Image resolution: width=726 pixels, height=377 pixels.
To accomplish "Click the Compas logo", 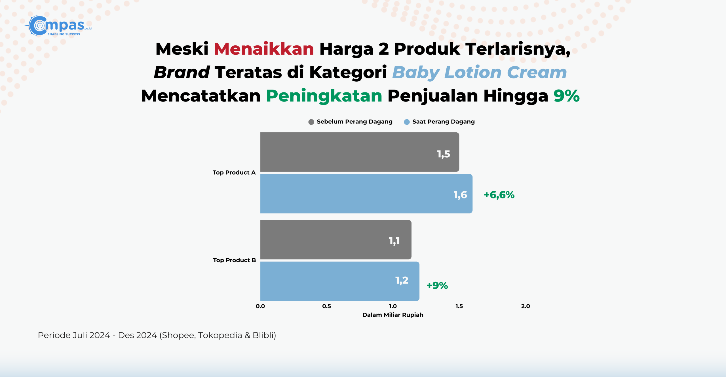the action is pyautogui.click(x=58, y=26).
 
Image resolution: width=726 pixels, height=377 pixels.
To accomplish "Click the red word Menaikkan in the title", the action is pyautogui.click(x=264, y=49).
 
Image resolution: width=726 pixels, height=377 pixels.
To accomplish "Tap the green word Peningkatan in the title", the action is pyautogui.click(x=324, y=96).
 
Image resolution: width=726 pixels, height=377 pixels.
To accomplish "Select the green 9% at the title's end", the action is pyautogui.click(x=567, y=96).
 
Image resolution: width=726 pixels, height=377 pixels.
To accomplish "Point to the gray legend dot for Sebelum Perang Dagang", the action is pyautogui.click(x=311, y=122).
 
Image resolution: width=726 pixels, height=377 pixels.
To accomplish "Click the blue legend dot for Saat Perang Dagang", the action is pyautogui.click(x=407, y=122).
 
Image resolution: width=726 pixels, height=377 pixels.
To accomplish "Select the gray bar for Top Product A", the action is pyautogui.click(x=360, y=152).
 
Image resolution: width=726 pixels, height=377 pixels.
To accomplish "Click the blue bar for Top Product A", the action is pyautogui.click(x=366, y=194).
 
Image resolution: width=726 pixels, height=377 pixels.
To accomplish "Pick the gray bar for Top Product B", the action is pyautogui.click(x=336, y=240).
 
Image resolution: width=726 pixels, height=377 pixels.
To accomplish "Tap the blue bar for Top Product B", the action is pyautogui.click(x=340, y=281).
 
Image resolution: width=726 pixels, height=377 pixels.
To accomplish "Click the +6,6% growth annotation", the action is pyautogui.click(x=499, y=195).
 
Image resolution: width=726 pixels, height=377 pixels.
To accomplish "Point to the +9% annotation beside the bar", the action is pyautogui.click(x=437, y=285).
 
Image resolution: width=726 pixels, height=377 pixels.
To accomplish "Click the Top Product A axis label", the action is pyautogui.click(x=234, y=173).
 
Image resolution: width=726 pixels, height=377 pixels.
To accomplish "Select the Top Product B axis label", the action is pyautogui.click(x=234, y=260).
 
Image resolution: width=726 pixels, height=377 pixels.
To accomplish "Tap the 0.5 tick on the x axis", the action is pyautogui.click(x=326, y=306).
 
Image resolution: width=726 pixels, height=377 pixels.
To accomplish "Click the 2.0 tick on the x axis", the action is pyautogui.click(x=525, y=306).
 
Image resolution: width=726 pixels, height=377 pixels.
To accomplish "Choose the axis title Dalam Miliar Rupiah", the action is pyautogui.click(x=393, y=315).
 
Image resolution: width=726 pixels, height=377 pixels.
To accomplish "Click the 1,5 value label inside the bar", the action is pyautogui.click(x=444, y=154).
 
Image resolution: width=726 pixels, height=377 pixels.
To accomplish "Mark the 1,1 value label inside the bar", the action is pyautogui.click(x=394, y=241).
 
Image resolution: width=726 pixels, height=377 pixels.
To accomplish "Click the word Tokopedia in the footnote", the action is pyautogui.click(x=220, y=335).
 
